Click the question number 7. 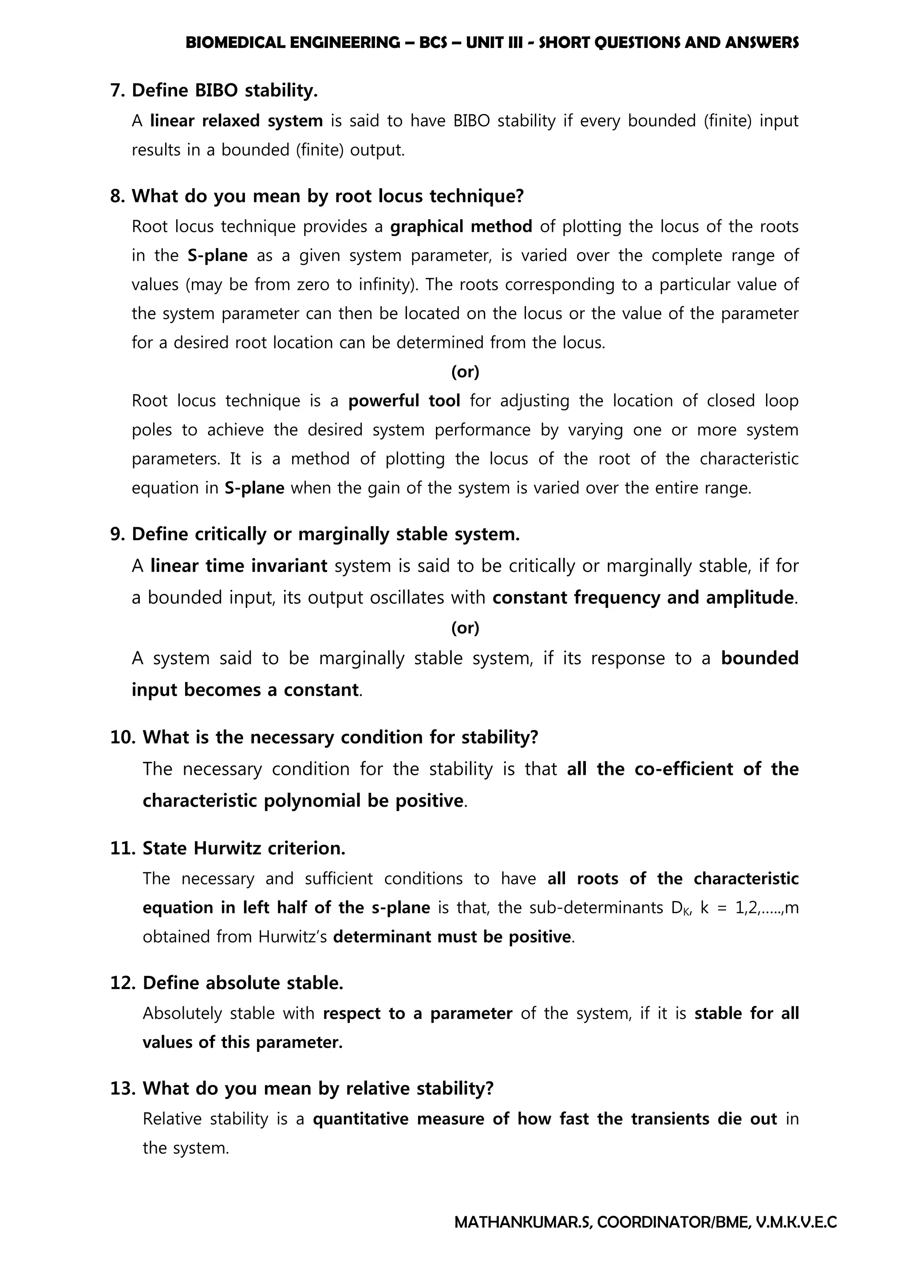tap(117, 90)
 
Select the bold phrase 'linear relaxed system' tap(236, 121)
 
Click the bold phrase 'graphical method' tap(461, 227)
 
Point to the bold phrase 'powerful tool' tap(404, 401)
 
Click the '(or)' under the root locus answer tap(465, 372)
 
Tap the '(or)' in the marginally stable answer tap(465, 628)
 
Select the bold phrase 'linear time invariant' tap(238, 566)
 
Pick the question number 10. tap(123, 737)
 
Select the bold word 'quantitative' tap(360, 1119)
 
